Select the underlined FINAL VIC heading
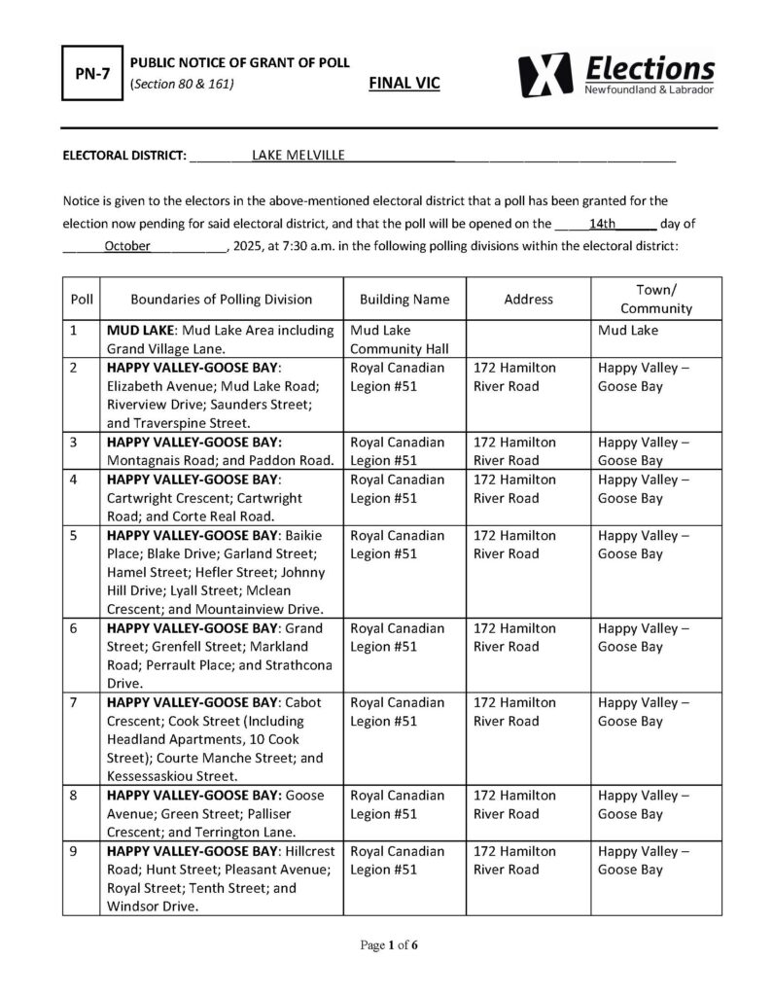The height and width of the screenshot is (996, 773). coord(404,85)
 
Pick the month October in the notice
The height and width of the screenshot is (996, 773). coord(126,246)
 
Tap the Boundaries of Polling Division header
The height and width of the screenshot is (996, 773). coord(221,300)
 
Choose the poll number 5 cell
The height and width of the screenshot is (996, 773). coord(76,536)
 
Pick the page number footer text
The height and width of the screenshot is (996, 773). coord(386,944)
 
